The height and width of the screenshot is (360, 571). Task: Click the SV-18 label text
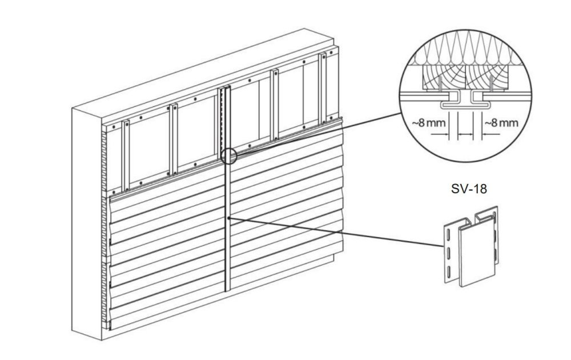(x=469, y=189)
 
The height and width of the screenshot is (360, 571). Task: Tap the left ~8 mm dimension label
(x=429, y=123)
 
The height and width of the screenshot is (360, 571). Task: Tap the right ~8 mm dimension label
(x=501, y=123)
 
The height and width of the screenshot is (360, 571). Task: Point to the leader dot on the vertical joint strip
(x=228, y=218)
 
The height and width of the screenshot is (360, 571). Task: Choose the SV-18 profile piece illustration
(x=471, y=246)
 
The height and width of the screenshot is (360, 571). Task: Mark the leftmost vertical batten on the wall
(x=126, y=155)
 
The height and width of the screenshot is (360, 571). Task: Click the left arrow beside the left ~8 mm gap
(x=440, y=135)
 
